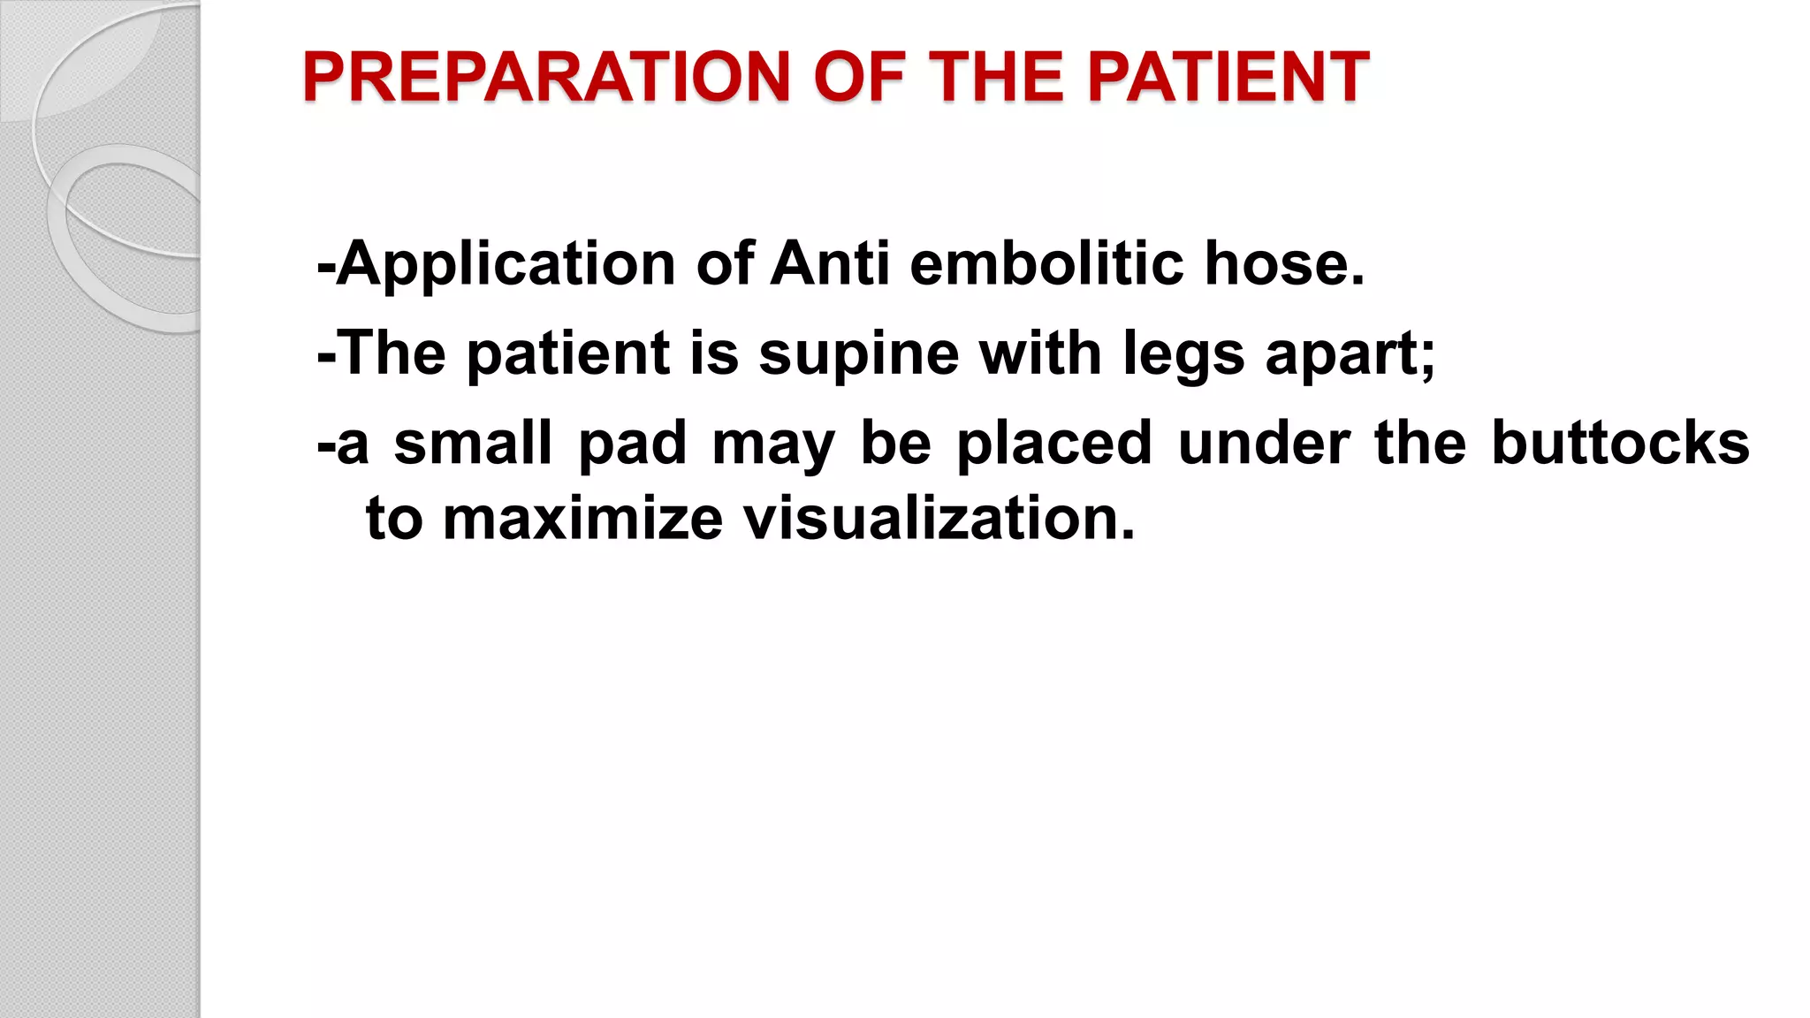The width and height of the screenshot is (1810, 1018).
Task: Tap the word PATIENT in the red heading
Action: [x=1228, y=78]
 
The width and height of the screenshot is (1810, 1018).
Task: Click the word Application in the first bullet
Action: [x=506, y=264]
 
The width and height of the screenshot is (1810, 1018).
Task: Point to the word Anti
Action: [x=830, y=264]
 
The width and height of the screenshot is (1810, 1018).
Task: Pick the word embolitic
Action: [x=1046, y=264]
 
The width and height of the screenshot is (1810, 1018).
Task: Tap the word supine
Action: [x=858, y=353]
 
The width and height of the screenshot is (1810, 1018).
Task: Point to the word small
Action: [x=473, y=443]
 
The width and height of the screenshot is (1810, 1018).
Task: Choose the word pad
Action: [x=632, y=444]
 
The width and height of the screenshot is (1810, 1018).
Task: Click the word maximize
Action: [x=582, y=519]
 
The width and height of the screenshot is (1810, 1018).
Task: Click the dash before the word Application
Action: [x=325, y=266]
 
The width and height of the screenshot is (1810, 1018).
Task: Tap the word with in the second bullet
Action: [x=1040, y=353]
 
